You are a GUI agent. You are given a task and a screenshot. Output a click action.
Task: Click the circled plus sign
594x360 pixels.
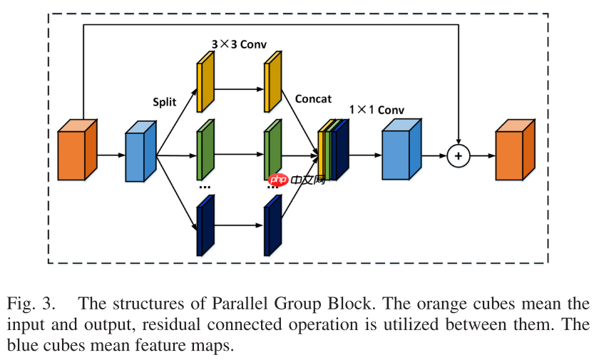459,155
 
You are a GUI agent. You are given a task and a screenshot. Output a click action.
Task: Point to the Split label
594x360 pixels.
164,101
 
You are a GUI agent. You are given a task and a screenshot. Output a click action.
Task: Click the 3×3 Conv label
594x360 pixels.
239,44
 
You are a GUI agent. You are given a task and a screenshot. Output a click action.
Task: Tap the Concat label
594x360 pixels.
313,99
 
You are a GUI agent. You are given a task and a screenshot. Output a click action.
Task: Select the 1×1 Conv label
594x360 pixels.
377,110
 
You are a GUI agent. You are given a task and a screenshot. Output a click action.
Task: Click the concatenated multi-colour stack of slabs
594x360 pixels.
333,150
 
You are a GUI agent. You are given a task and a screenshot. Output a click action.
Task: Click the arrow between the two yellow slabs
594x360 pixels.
238,89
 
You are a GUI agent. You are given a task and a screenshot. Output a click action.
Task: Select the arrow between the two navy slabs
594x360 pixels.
238,225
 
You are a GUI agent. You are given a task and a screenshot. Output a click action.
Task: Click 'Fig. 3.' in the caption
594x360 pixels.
31,303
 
